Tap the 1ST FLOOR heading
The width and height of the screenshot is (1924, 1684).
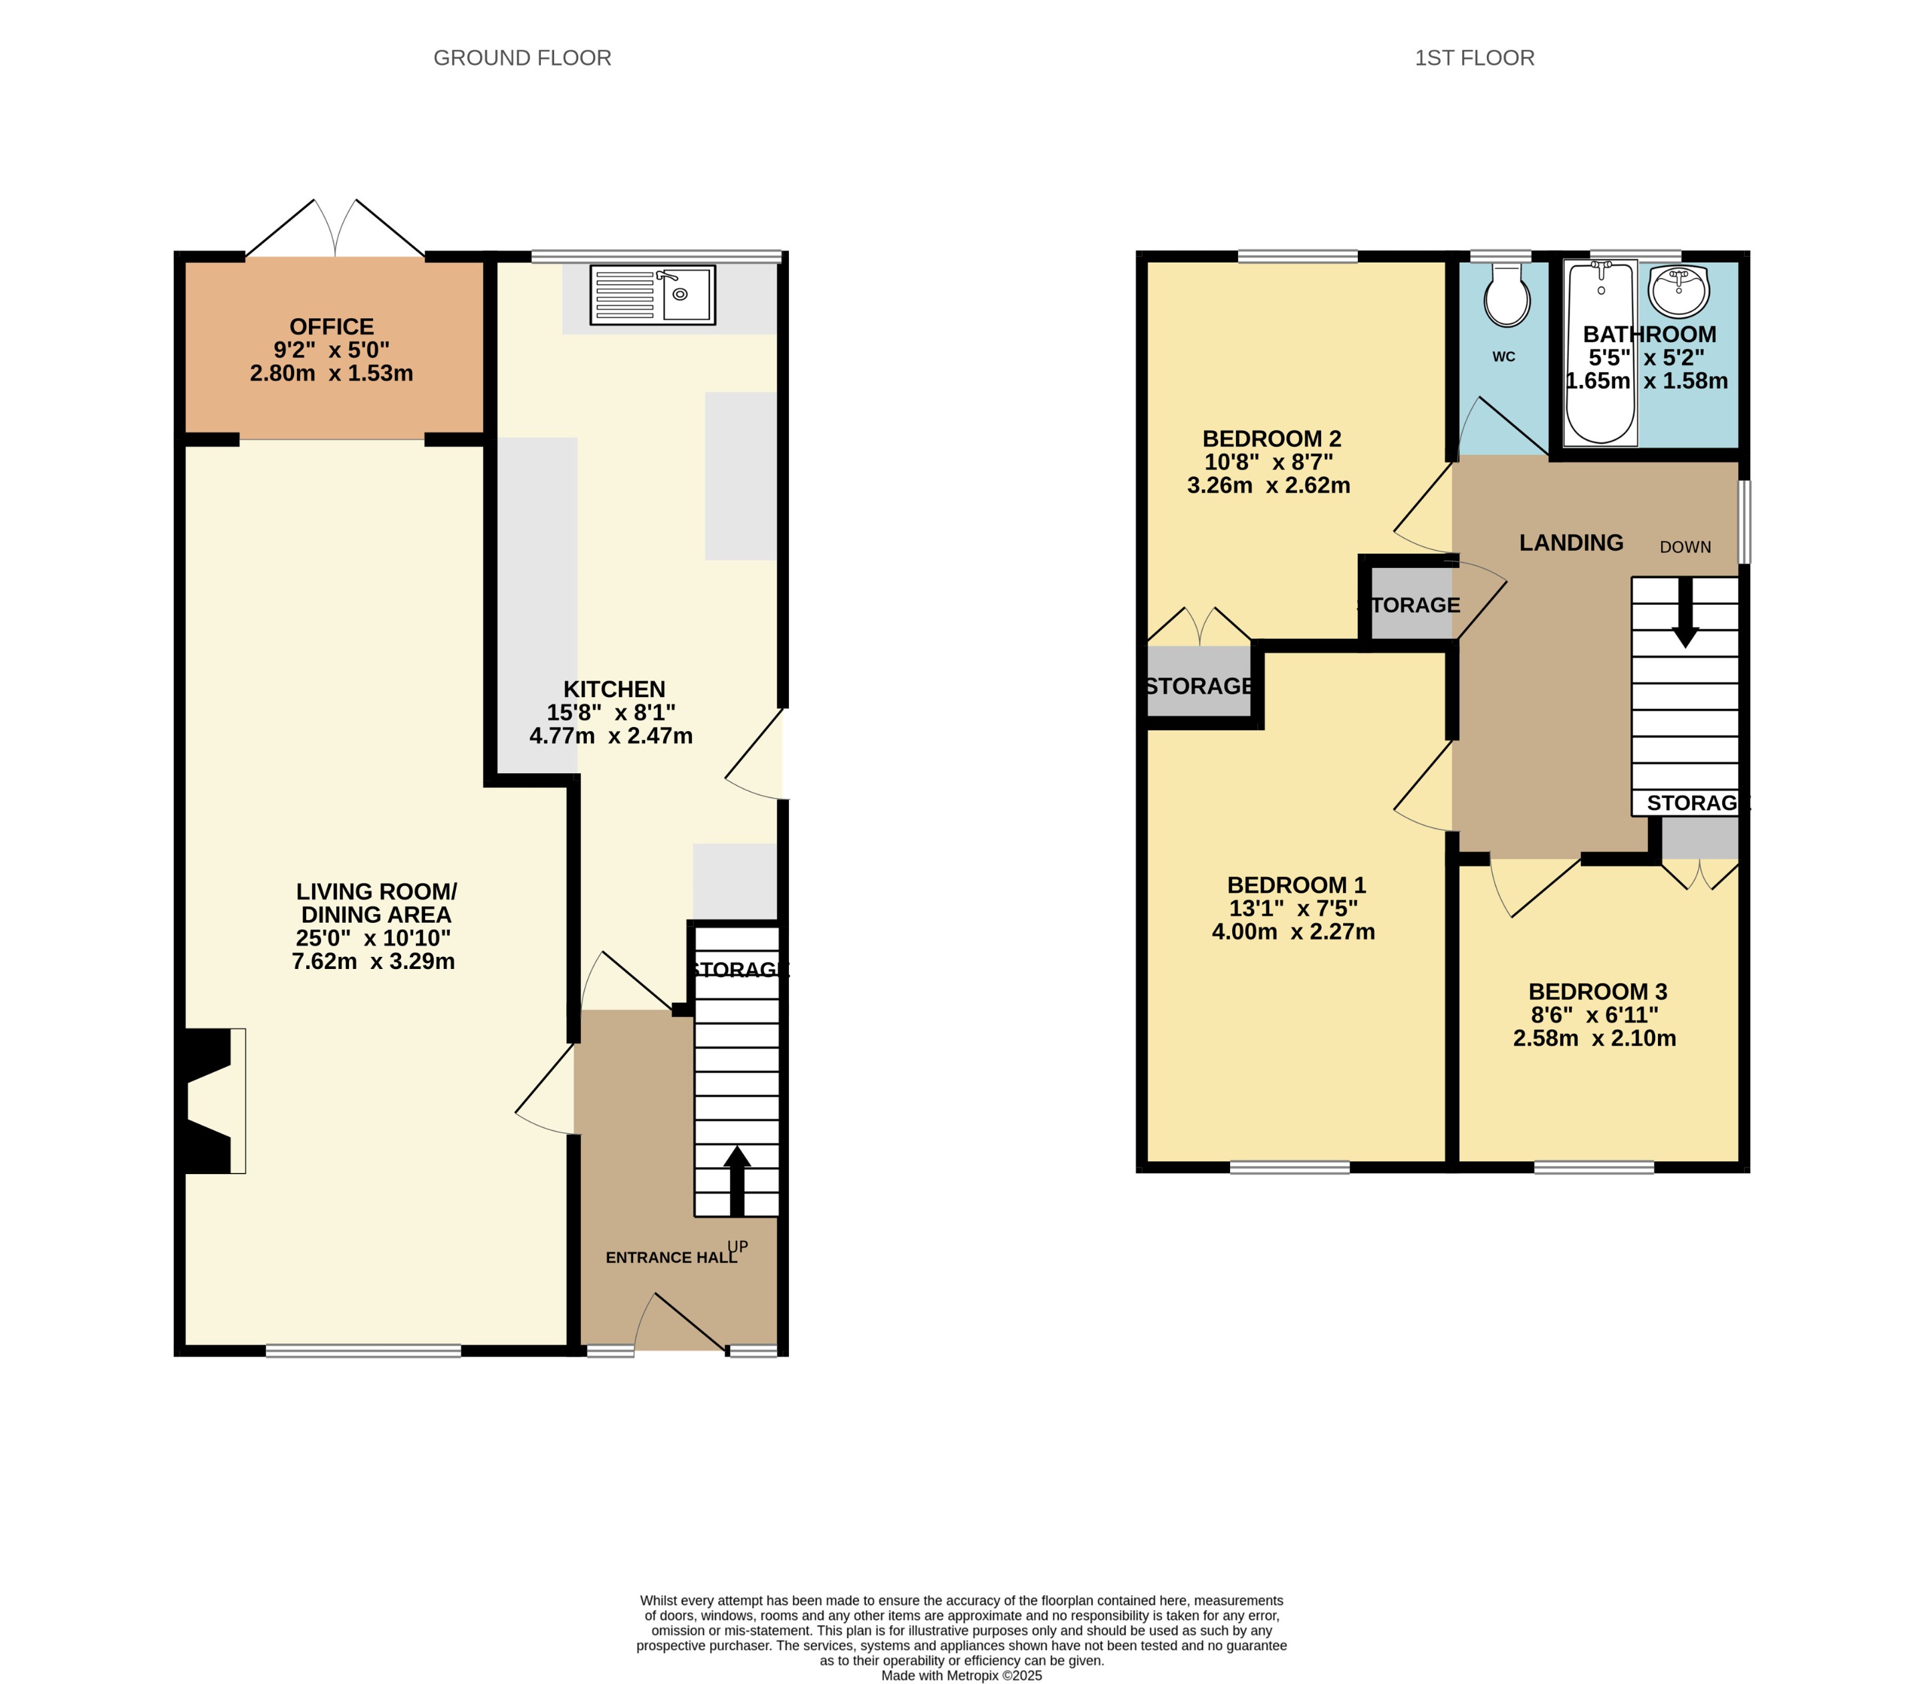click(1474, 58)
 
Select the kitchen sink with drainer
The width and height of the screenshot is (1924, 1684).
click(652, 295)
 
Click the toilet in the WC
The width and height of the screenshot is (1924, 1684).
click(1507, 296)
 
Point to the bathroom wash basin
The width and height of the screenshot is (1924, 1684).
click(1679, 291)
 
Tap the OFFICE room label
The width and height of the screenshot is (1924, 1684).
click(332, 327)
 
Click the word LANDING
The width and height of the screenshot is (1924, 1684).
click(1570, 543)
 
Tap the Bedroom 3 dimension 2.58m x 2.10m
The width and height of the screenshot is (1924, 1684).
click(1594, 1038)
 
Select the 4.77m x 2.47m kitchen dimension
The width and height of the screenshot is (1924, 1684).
click(611, 736)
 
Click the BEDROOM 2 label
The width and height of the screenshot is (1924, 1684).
click(1272, 439)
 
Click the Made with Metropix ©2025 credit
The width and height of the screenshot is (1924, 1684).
click(961, 1675)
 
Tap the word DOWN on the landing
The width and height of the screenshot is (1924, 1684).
click(1684, 547)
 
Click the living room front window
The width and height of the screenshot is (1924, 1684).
click(363, 1351)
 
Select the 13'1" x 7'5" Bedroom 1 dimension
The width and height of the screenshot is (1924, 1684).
click(1294, 909)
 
